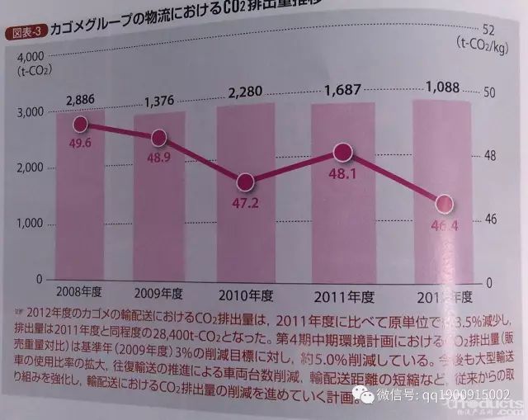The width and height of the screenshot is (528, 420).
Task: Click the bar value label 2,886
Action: (80, 99)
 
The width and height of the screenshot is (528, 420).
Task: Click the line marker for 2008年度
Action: (80, 125)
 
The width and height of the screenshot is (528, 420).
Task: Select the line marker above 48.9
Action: (160, 138)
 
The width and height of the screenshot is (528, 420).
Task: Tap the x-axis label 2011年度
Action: (345, 295)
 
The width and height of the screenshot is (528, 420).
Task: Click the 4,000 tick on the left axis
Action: (30, 56)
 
